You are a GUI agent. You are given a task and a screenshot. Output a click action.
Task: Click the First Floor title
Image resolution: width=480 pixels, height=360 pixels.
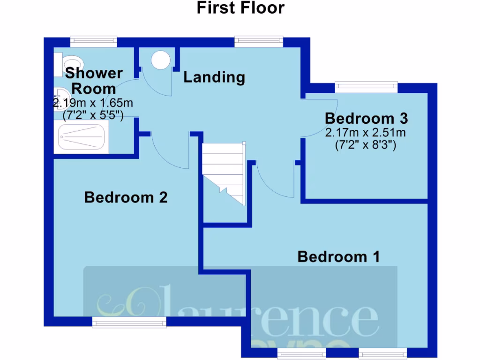click(x=240, y=8)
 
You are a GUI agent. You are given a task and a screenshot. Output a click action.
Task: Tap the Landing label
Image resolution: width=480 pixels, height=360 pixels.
click(x=214, y=77)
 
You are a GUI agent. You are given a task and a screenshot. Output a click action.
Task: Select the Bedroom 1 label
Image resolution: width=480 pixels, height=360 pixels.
click(x=338, y=257)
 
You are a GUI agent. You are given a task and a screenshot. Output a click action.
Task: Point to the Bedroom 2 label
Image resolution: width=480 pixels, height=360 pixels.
click(x=126, y=197)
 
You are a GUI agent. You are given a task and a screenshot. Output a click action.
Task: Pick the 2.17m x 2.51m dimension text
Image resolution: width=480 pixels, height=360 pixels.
click(x=366, y=133)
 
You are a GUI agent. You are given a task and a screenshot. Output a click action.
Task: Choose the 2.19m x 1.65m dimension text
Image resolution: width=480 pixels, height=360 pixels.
click(x=93, y=103)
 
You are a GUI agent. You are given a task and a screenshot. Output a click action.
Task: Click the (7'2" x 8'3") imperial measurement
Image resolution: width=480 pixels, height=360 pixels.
click(x=366, y=145)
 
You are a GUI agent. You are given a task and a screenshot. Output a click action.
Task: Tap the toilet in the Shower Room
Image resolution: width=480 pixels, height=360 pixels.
click(x=69, y=63)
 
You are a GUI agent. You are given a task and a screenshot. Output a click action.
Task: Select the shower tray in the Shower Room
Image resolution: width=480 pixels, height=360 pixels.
click(x=82, y=137)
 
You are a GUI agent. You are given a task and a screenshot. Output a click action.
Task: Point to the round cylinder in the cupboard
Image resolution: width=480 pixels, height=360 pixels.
click(x=161, y=60)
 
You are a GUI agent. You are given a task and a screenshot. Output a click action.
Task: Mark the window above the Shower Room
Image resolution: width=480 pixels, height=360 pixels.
click(x=93, y=42)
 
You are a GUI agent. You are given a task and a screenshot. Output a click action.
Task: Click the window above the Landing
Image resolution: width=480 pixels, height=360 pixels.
click(x=259, y=42)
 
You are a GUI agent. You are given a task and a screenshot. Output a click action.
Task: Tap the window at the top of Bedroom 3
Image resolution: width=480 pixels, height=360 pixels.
click(x=366, y=87)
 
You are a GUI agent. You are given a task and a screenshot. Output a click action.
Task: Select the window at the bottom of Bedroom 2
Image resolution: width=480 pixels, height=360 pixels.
click(x=129, y=322)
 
